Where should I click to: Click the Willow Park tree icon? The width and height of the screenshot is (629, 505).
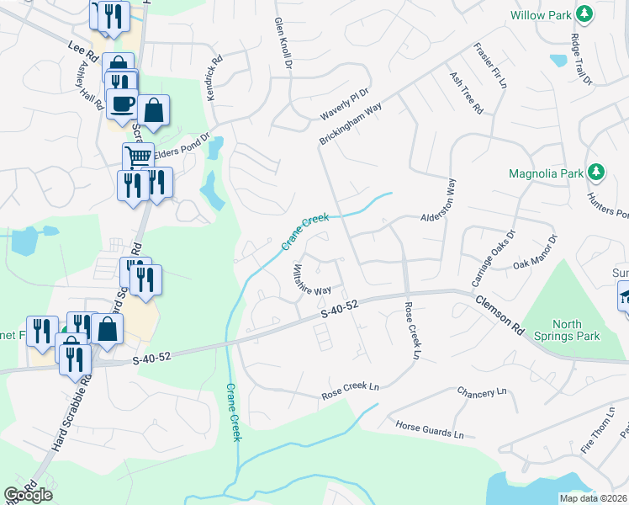point(583,14)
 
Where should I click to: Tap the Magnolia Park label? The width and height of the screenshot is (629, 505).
point(546,174)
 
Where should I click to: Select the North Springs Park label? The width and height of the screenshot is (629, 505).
point(576,330)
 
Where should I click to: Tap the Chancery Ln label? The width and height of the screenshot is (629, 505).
point(482,392)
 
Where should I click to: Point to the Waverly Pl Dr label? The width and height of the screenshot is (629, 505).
point(345,104)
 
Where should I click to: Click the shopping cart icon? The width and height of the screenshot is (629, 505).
point(138,156)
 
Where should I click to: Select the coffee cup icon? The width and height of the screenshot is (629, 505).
point(123,104)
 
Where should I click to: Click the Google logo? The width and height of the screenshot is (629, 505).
point(28,494)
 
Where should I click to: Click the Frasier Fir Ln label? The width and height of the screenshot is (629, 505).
point(490,66)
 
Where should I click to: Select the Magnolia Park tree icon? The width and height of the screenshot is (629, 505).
point(596,173)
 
